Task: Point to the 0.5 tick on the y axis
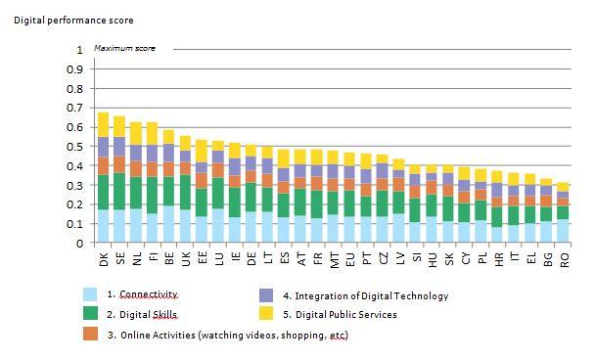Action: point(79,147)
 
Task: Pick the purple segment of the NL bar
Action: point(136,153)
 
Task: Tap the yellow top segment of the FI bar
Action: point(153,133)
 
